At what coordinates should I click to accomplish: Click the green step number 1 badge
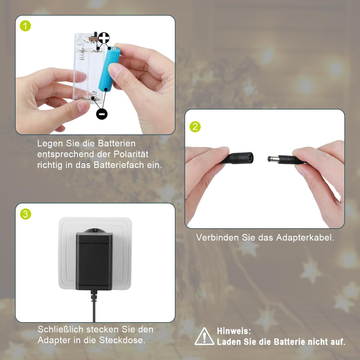(25, 26)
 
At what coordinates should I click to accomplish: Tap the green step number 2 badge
(195, 127)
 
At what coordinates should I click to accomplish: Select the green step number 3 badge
(25, 214)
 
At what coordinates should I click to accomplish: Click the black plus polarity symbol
(104, 38)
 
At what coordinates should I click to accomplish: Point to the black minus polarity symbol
(102, 114)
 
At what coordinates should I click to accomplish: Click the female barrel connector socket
(241, 158)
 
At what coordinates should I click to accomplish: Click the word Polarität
(131, 154)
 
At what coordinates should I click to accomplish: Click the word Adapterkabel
(305, 237)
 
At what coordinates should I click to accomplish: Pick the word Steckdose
(122, 340)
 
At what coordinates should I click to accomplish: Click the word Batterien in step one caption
(117, 143)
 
